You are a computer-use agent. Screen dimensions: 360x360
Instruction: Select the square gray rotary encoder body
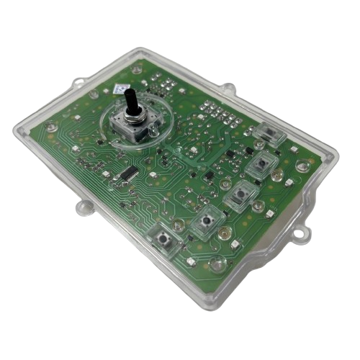132,125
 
